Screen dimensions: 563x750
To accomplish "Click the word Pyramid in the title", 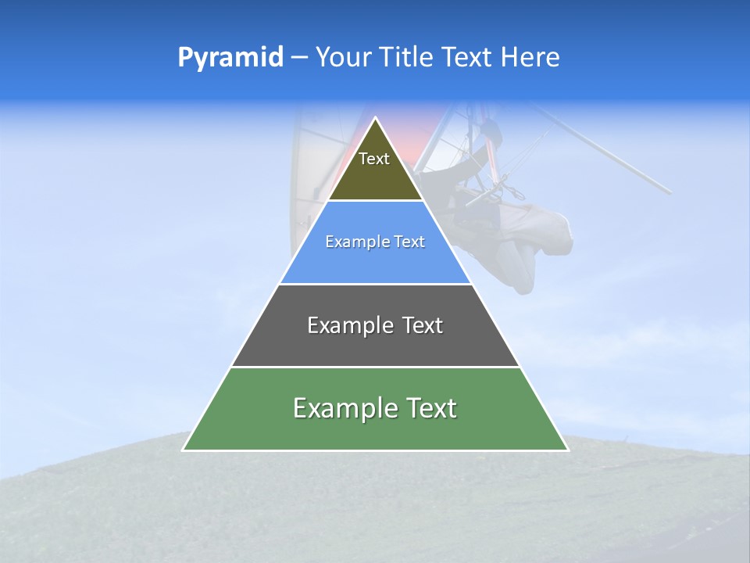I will (230, 58).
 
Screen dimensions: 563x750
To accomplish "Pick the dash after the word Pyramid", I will (299, 59).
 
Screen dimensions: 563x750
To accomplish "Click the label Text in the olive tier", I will (374, 159).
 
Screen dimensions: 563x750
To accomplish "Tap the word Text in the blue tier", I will (410, 242).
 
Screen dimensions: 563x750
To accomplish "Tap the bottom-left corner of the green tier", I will (183, 450).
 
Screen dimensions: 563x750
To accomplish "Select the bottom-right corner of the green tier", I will (568, 450).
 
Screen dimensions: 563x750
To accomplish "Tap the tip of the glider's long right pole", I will (670, 192).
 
